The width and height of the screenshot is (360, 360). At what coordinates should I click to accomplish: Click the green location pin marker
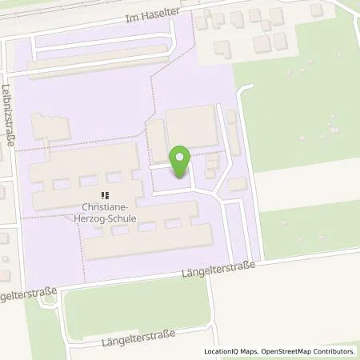pyautogui.click(x=180, y=161)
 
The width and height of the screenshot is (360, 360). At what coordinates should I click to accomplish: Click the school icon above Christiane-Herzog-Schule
pyautogui.click(x=105, y=194)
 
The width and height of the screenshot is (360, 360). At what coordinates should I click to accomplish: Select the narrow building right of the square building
pyautogui.click(x=233, y=132)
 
